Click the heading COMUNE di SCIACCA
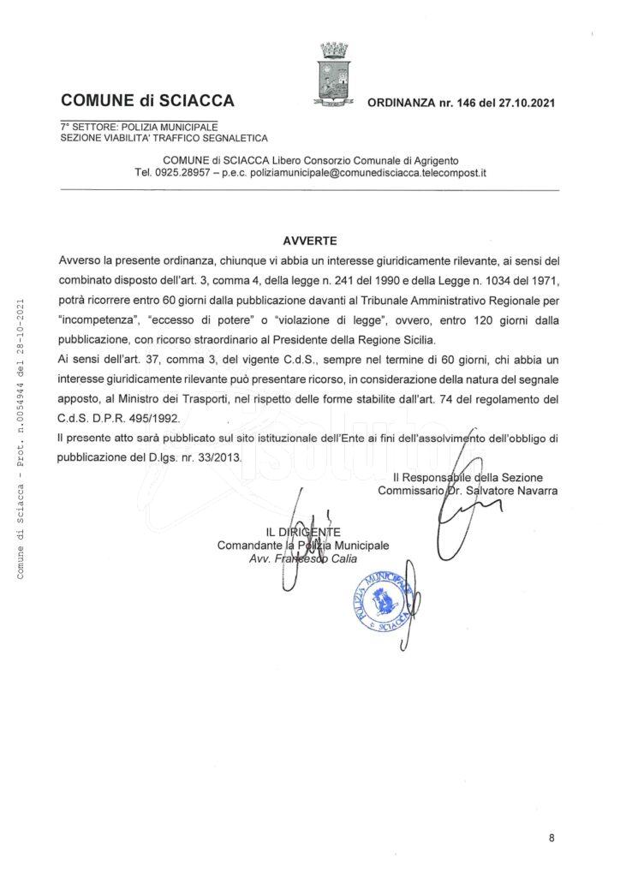pyautogui.click(x=147, y=103)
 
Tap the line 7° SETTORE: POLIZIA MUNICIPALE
pyautogui.click(x=139, y=127)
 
